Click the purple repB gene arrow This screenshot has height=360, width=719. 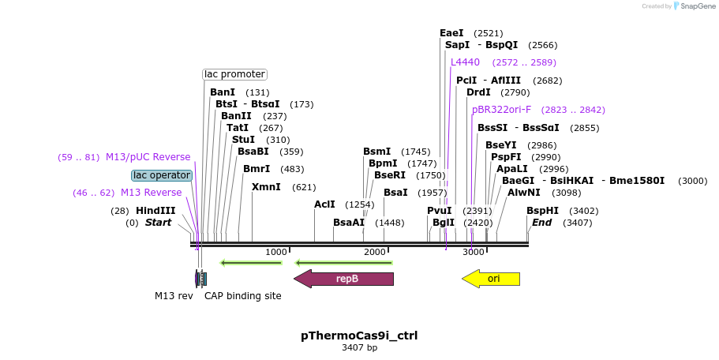point(343,279)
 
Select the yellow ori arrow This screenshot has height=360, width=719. point(491,279)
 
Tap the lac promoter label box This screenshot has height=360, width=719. point(234,74)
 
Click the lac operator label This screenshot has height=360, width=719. point(161,175)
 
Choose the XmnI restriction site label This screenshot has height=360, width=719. point(266,187)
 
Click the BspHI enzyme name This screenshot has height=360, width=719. point(542,211)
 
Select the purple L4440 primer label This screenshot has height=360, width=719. point(465,62)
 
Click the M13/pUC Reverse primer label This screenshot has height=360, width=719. point(148,157)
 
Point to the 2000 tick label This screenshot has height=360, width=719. point(375,252)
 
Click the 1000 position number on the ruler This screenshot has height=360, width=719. point(276,252)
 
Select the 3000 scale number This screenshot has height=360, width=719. point(474,252)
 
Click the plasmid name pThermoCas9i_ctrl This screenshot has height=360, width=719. point(359,336)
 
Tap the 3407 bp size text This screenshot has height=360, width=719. point(359,347)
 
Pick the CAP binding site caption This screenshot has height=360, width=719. point(242,296)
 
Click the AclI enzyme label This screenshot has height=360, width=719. point(324,204)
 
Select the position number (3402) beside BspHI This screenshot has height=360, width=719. point(583,211)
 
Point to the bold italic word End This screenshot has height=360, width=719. point(541,223)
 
